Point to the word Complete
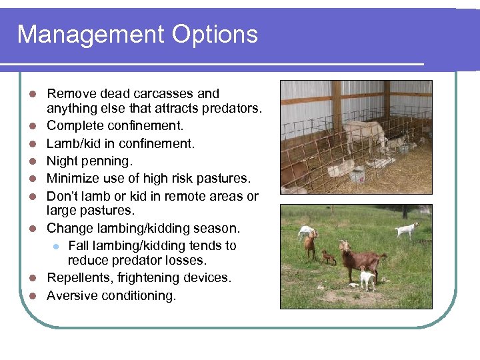click(74, 125)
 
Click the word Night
click(62, 161)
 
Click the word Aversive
click(71, 295)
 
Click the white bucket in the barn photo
click(357, 175)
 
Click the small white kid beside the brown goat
click(366, 277)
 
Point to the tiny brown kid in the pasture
click(328, 257)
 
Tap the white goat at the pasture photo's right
click(407, 230)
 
